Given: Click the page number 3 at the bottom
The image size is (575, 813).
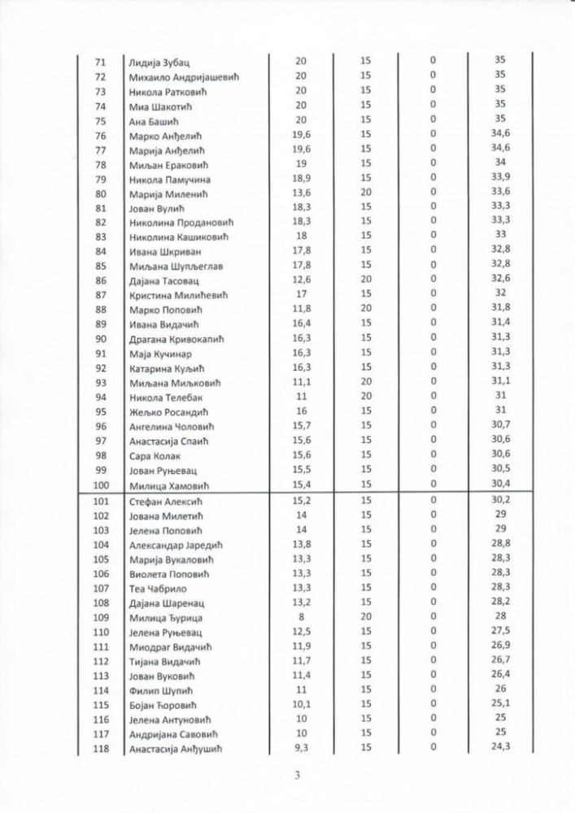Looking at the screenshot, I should [x=298, y=774].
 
